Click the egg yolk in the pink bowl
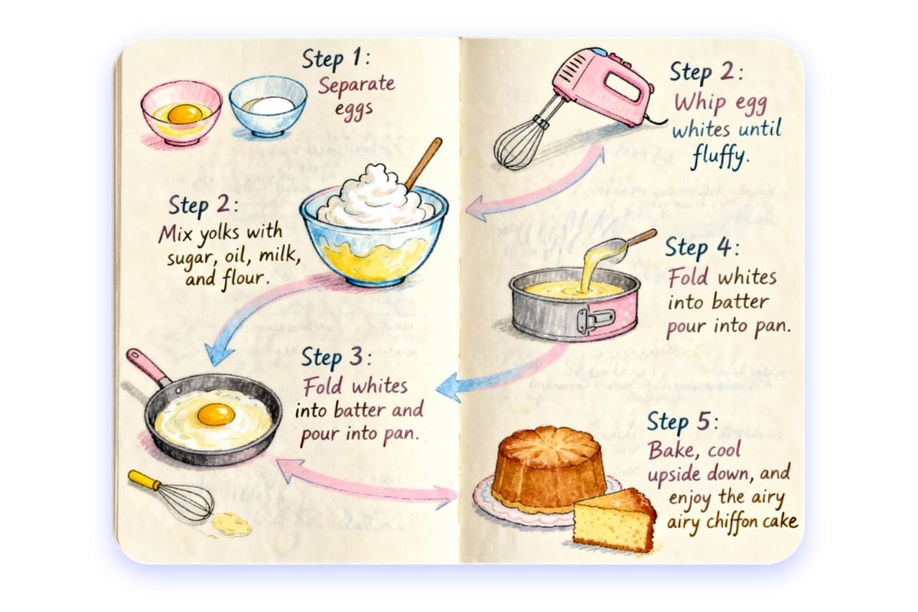184,113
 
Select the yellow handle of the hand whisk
144,480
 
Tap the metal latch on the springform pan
595,320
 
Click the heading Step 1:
336,60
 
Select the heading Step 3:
337,358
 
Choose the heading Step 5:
683,422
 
